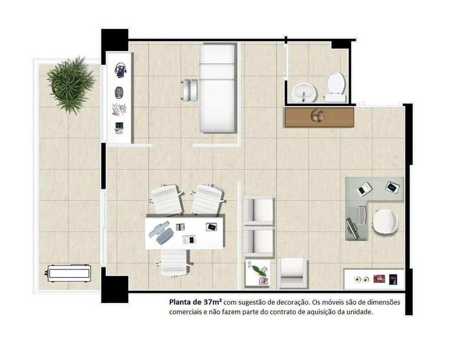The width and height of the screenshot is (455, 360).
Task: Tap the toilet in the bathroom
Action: (335, 86)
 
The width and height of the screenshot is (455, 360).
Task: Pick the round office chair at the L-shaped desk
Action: (385, 222)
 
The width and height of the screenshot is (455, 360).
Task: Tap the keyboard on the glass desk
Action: (362, 215)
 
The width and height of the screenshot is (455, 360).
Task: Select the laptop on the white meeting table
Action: (211, 226)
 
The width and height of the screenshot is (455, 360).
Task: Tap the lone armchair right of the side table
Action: (292, 273)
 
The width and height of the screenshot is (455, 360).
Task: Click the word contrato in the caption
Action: (286, 312)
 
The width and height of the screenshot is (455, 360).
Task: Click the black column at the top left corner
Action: (114, 40)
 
